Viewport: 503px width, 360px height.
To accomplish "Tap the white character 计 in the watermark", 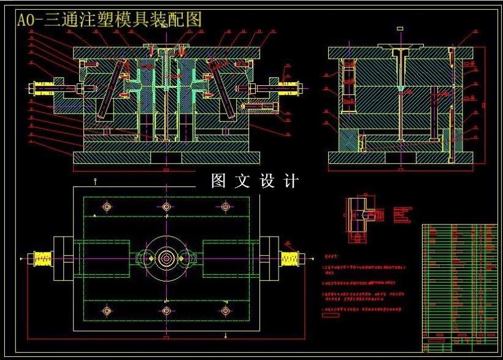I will tap(291, 181).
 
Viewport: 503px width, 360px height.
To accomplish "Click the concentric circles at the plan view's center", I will tap(166, 258).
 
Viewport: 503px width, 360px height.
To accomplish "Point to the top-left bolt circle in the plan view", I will tap(107, 207).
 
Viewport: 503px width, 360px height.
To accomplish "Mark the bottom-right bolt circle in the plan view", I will tap(225, 311).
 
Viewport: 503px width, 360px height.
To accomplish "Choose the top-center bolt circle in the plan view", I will tap(166, 207).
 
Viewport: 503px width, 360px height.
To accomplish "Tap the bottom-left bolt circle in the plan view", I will tap(107, 311).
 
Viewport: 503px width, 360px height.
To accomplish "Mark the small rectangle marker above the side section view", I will tap(400, 28).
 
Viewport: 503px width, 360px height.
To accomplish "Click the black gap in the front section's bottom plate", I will tap(166, 158).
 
